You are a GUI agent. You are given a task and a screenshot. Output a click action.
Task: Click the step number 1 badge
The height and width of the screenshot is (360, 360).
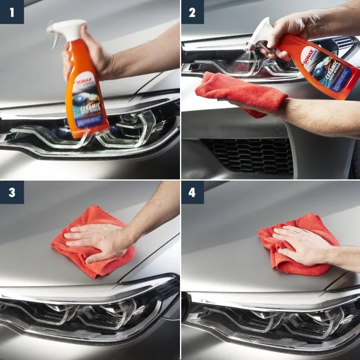point(12,12)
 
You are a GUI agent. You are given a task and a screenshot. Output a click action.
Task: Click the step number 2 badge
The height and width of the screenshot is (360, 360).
point(192,12)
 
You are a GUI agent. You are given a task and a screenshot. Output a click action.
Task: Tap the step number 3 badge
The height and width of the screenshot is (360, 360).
point(12,192)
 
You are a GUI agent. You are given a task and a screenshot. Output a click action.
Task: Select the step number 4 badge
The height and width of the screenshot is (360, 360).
point(192,192)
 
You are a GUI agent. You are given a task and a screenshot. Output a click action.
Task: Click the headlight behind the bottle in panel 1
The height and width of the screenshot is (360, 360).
point(136,127)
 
